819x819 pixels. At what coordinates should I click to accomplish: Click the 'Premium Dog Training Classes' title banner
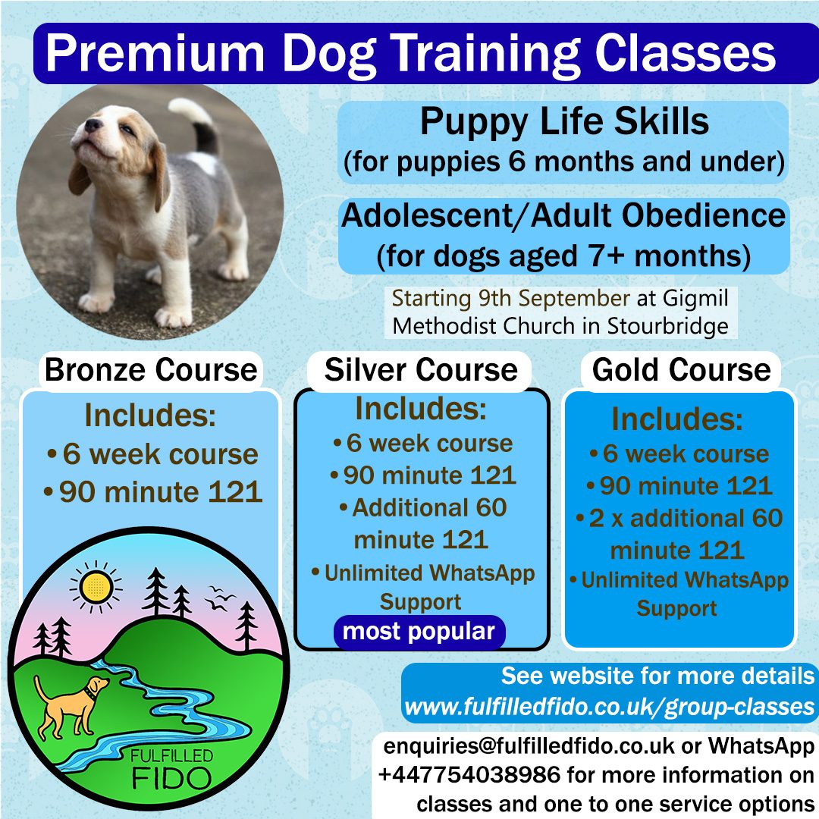point(425,53)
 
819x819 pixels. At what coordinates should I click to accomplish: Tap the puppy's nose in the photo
point(93,125)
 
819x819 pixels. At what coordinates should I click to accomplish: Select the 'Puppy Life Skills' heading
point(565,121)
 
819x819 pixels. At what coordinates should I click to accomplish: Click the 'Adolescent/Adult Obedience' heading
point(563,215)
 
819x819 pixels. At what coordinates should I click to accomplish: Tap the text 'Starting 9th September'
point(511,299)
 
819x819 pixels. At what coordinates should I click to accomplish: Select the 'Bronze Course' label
point(150,370)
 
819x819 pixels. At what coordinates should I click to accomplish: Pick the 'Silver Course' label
point(420,370)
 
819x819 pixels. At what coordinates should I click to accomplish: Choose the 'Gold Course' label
point(681,370)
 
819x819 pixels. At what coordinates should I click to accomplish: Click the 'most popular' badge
point(419,632)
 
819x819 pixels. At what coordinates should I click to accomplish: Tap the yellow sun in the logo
point(96,587)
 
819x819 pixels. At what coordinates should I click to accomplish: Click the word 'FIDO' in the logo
point(171,778)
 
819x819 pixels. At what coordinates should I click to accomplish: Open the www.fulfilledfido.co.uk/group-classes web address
point(609,708)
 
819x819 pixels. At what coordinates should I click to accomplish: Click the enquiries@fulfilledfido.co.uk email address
point(529,746)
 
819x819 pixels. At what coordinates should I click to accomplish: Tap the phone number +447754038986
point(469,774)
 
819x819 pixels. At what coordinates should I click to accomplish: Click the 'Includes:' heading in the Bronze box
point(150,415)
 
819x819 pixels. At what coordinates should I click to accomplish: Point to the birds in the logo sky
point(219,598)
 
